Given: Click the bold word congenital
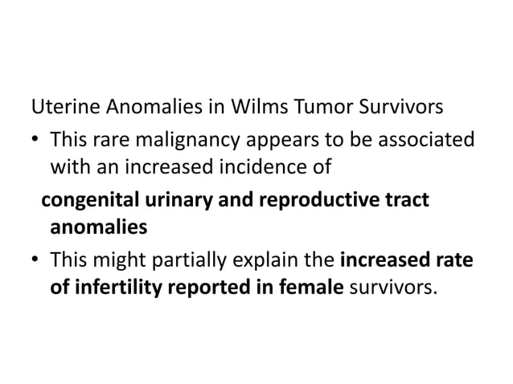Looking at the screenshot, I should click(x=86, y=199).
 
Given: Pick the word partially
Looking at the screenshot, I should click(x=202, y=260).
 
